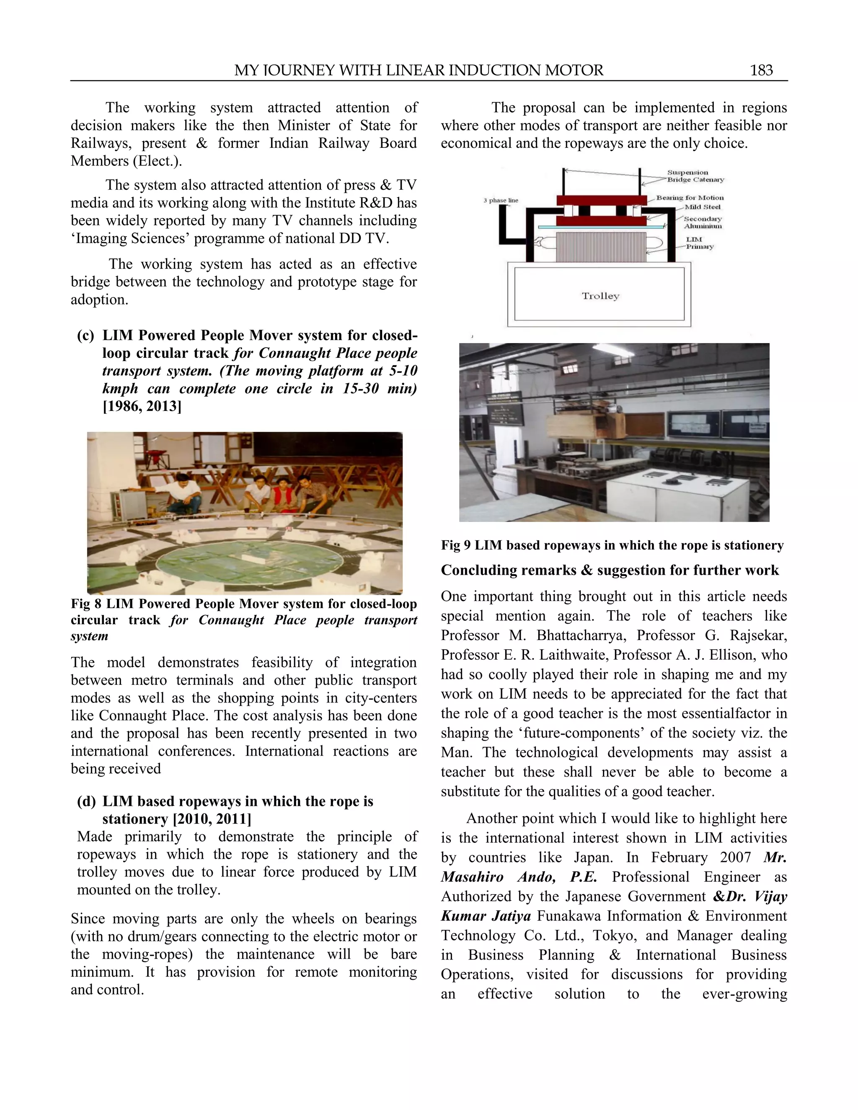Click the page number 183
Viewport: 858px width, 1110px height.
761,70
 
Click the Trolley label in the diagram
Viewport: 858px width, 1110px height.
600,296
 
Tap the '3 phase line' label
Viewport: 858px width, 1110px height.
501,200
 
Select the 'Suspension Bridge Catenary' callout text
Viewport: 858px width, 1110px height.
695,176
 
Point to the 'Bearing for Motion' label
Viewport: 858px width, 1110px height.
690,198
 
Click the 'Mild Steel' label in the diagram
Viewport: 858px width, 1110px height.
703,207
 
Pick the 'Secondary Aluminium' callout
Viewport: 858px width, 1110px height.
703,222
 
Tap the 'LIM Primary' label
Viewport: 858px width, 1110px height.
699,243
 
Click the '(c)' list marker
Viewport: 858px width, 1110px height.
86,336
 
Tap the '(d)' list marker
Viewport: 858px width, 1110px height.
86,801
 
